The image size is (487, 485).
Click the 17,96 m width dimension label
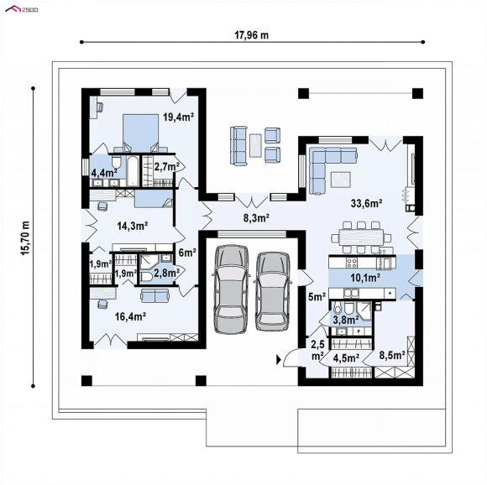coord(251,35)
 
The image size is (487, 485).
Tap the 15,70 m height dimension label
coord(25,238)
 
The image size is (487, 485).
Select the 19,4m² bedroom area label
coord(179,117)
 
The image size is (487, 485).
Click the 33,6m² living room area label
coord(366,204)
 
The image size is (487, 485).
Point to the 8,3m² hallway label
coord(256,218)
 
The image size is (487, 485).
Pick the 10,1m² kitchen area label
coord(365,278)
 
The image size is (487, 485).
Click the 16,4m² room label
coord(131,316)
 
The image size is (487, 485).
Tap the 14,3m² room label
coord(133,226)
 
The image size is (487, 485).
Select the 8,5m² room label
coord(392,355)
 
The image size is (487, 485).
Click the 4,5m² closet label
coord(346,358)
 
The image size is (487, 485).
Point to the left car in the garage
coord(232,289)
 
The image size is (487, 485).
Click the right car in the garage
coord(273,291)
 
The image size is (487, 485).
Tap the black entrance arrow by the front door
coord(279,360)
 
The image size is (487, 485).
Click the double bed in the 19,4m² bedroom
coord(141,133)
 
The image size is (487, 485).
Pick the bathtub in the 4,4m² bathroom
coord(133,171)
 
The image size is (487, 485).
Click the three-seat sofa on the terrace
coord(238,145)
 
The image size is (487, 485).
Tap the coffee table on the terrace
coord(255,145)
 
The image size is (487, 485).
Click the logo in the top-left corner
coord(22,9)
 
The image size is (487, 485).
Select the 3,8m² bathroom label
coord(346,320)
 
